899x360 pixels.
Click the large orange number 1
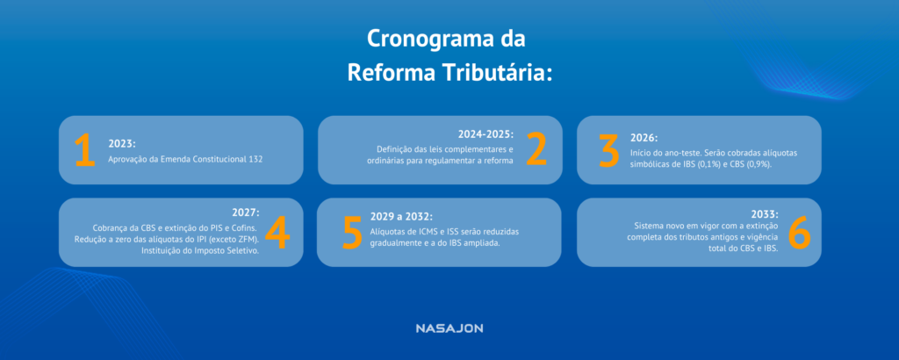pyautogui.click(x=84, y=150)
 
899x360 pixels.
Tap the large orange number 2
pyautogui.click(x=536, y=150)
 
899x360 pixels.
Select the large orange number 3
pyautogui.click(x=608, y=150)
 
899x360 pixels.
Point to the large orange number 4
pyautogui.click(x=277, y=232)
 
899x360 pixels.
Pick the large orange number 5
pyautogui.click(x=353, y=232)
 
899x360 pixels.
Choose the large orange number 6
pyautogui.click(x=799, y=232)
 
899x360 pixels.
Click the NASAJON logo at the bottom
pyautogui.click(x=449, y=328)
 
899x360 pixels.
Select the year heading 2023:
pyautogui.click(x=122, y=142)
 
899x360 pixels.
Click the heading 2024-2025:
pyautogui.click(x=485, y=134)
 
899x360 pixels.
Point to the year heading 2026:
pyautogui.click(x=644, y=138)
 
